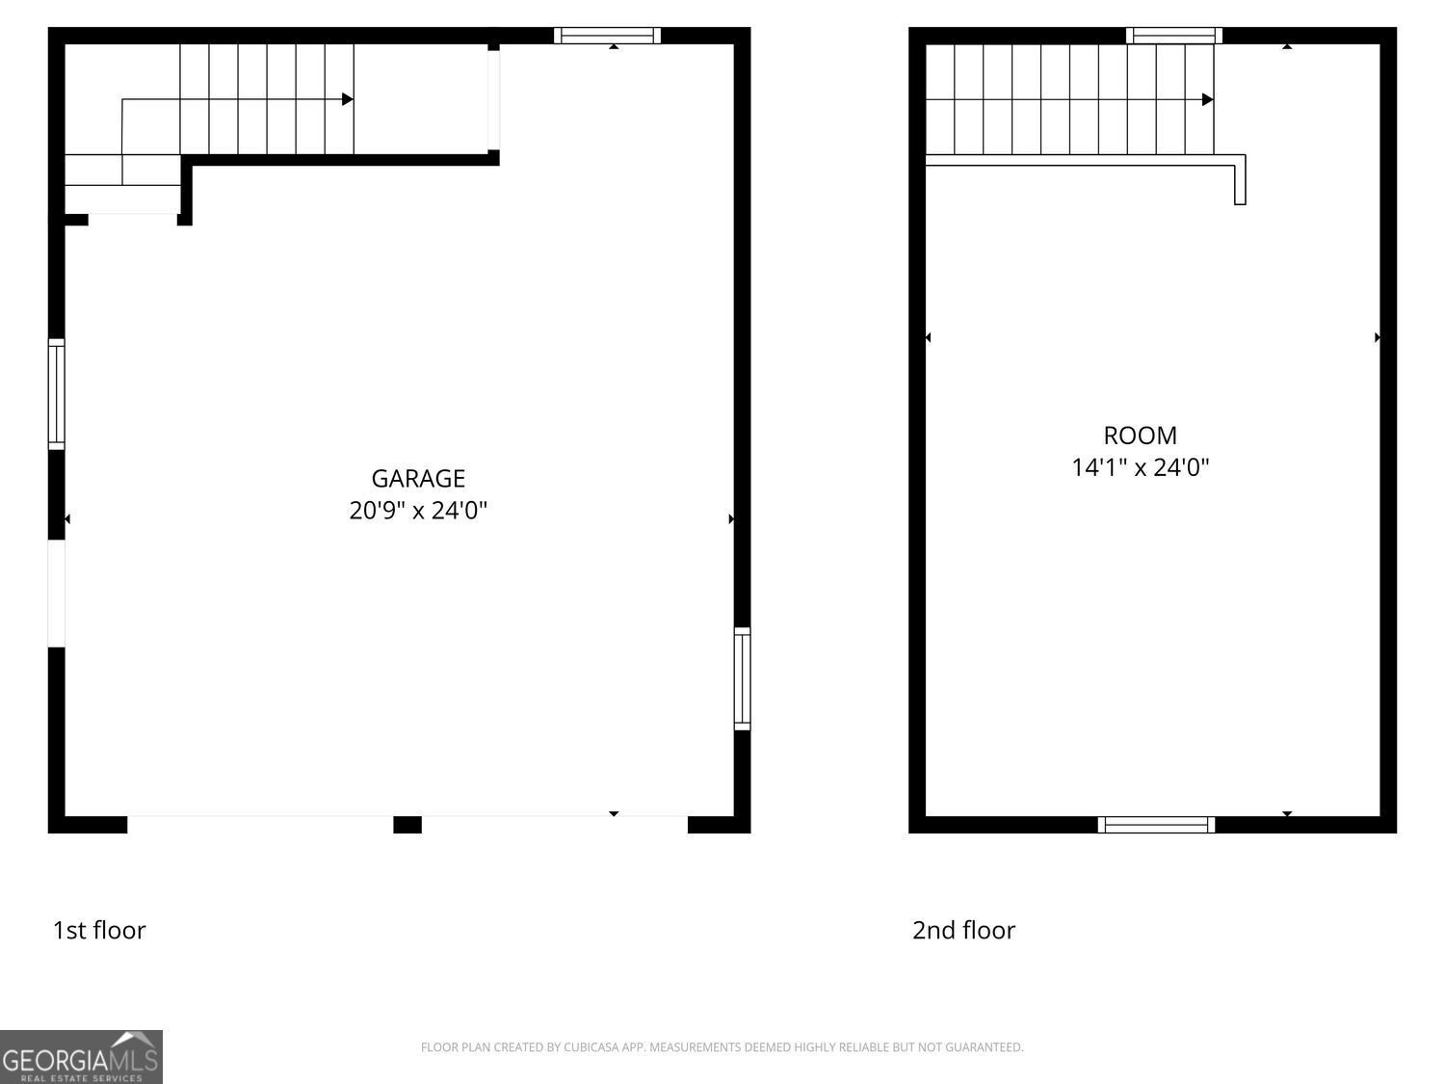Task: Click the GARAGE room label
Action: [418, 478]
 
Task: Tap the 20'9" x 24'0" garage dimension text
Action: [418, 510]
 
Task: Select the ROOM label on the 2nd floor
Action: [1140, 435]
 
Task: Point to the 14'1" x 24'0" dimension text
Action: [1140, 467]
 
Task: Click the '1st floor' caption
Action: [99, 930]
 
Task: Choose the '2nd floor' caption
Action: [963, 930]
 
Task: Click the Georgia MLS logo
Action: [81, 1057]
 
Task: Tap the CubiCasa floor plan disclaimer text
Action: [722, 1047]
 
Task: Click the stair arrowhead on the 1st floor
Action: [348, 99]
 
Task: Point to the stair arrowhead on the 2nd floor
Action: [1207, 99]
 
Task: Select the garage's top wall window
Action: [607, 36]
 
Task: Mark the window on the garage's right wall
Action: [742, 678]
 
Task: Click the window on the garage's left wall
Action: [57, 394]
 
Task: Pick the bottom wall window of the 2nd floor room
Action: [1156, 825]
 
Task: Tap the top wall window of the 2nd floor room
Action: [1174, 36]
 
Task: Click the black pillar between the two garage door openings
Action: [407, 825]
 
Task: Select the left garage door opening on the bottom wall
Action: [260, 824]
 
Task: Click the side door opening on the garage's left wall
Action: [57, 594]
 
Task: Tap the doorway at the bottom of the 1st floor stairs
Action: [133, 220]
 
